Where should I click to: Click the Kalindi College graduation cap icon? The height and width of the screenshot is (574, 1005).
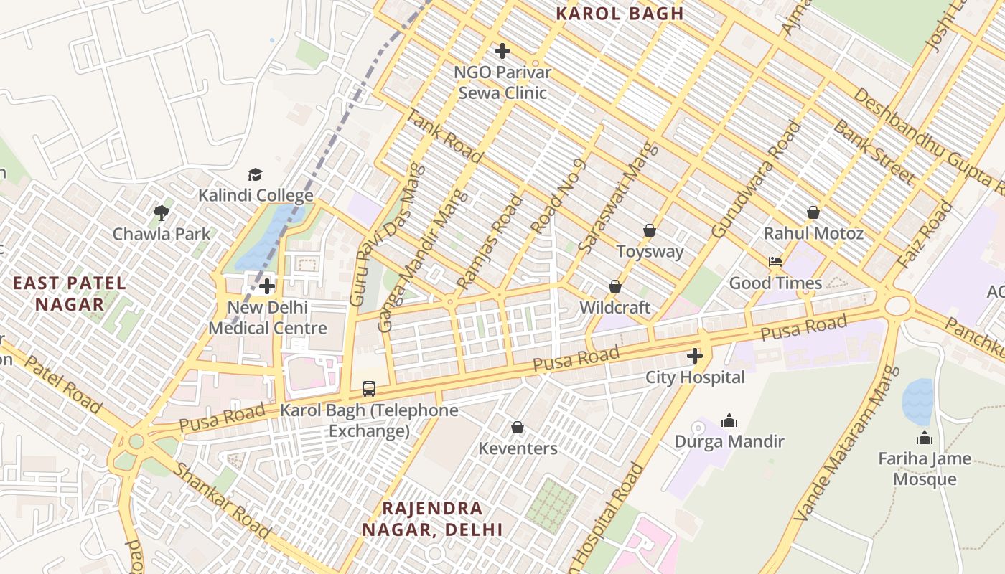[x=255, y=175]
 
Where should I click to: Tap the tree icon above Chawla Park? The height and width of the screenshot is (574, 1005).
[x=162, y=213]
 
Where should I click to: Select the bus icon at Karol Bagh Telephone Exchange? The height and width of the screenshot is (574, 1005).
[x=369, y=389]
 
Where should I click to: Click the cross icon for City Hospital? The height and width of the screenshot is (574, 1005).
[x=694, y=356]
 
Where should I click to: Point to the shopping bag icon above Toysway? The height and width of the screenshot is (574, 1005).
[x=650, y=230]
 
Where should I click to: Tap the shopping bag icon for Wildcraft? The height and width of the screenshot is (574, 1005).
[x=615, y=286]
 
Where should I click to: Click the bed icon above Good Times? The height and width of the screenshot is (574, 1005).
[x=775, y=262]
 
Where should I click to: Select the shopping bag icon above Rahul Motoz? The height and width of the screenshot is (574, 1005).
[x=813, y=212]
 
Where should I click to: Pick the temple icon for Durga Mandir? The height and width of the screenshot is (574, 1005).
[x=729, y=420]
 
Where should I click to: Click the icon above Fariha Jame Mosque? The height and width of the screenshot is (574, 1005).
[x=925, y=438]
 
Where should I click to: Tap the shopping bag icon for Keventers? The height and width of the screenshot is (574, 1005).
[x=518, y=428]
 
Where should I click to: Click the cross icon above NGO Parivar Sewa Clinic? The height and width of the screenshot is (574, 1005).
[x=502, y=51]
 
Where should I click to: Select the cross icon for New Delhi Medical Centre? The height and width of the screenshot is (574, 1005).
[x=267, y=286]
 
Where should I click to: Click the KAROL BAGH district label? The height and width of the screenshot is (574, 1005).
[x=620, y=13]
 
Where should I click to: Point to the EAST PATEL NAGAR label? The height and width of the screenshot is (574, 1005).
[x=70, y=293]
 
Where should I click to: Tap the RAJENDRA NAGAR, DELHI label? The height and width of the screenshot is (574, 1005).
[x=432, y=519]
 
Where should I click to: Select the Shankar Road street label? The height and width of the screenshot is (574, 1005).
[x=223, y=500]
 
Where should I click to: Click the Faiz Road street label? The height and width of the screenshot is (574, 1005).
[x=925, y=235]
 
